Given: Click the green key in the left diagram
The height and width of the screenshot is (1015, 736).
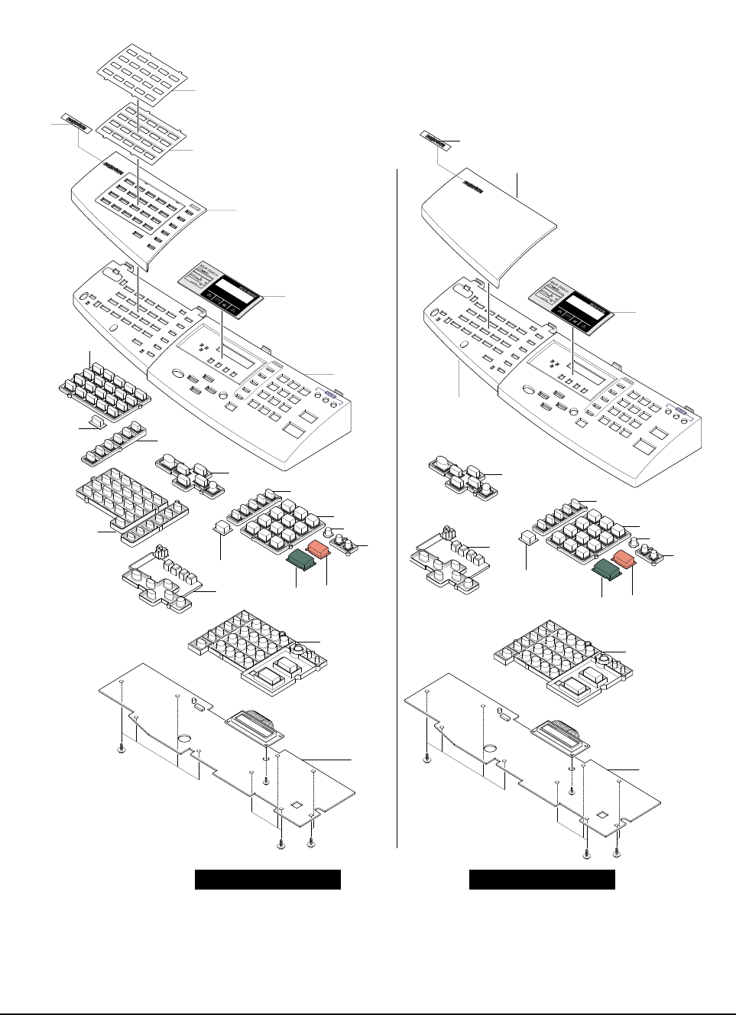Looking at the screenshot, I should (302, 562).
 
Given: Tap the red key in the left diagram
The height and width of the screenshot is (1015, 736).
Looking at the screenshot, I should (318, 548).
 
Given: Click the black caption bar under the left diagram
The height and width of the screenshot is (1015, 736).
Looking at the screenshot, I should (267, 880).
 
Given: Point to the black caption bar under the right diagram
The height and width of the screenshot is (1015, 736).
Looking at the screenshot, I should (542, 880).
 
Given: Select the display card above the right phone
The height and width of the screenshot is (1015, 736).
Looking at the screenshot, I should (572, 304).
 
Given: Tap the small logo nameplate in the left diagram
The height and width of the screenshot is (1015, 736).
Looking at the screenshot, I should (76, 124).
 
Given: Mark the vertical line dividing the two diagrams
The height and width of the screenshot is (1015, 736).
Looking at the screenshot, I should (397, 505).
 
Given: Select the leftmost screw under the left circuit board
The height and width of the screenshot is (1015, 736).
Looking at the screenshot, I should (122, 749).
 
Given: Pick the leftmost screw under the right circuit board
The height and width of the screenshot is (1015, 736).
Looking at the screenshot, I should (426, 758).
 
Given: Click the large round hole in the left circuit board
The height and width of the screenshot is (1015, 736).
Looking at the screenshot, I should (184, 740).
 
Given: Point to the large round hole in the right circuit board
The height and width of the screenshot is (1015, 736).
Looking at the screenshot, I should (490, 749).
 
